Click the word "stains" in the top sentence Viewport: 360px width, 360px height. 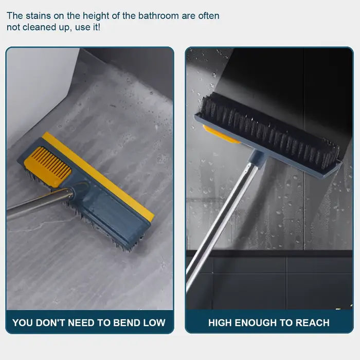(39, 16)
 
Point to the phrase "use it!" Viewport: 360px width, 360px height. (88, 27)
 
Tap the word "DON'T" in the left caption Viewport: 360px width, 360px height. (50, 322)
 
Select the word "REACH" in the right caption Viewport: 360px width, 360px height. (313, 322)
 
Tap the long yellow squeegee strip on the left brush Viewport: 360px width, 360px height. (98, 176)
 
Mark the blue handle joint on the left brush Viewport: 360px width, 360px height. (79, 188)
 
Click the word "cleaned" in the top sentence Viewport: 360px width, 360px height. (39, 27)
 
